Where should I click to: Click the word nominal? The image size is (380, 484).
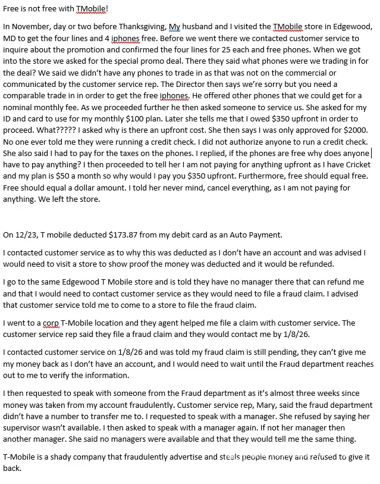18,110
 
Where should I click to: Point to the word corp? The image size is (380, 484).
51,323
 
